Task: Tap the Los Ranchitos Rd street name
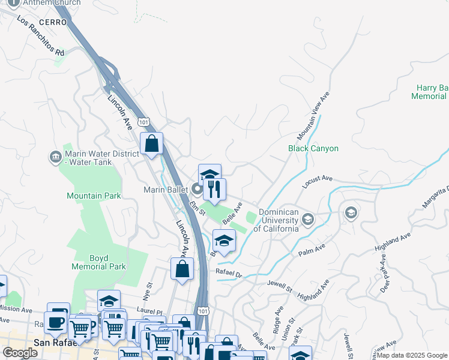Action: coord(41,36)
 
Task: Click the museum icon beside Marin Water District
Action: coord(55,158)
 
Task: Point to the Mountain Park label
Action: coord(94,196)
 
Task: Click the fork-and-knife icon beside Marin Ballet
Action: coord(214,189)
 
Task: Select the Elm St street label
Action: coord(197,209)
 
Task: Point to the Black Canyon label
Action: coord(313,148)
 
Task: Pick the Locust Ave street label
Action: coord(317,181)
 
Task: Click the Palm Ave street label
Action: coord(312,250)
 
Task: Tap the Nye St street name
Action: coord(148,293)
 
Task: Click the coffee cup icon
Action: coord(56,322)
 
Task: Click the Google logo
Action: coord(20,353)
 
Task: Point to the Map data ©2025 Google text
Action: coord(412,355)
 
